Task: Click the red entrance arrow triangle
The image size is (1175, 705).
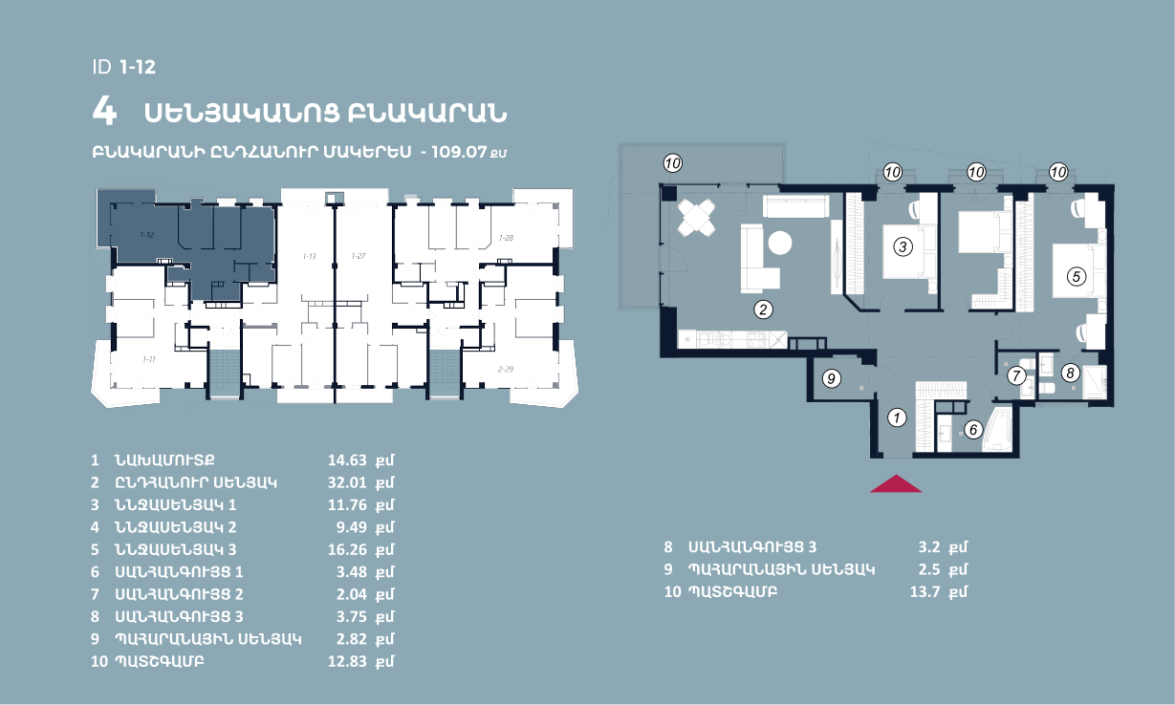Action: coord(896,484)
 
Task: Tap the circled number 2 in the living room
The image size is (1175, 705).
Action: coord(763,310)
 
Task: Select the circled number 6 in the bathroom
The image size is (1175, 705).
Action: coord(973,430)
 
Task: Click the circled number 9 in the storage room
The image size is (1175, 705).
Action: coord(832,378)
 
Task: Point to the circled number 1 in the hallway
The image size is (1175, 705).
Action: coord(897,417)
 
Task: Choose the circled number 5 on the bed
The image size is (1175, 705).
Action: coord(1077,276)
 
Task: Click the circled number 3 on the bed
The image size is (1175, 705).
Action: coord(903,246)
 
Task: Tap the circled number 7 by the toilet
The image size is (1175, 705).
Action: coord(1016,375)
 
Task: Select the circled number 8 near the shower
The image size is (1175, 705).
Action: coord(1070,374)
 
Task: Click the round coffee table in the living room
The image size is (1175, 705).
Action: coord(780,244)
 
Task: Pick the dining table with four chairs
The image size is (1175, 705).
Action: coord(697,218)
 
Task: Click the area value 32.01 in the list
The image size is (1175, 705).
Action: coord(347,482)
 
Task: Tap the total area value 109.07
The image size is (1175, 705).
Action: coord(459,152)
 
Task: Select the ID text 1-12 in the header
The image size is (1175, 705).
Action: coord(138,67)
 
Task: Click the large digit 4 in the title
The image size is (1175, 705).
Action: coord(104,111)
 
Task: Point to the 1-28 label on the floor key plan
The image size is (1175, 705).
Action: coord(506,238)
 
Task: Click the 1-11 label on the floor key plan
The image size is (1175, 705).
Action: coord(149,359)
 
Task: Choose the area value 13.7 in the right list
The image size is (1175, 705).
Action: coord(925,591)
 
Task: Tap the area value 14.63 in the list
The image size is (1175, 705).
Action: coord(347,460)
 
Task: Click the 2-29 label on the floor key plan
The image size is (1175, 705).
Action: coord(506,369)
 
